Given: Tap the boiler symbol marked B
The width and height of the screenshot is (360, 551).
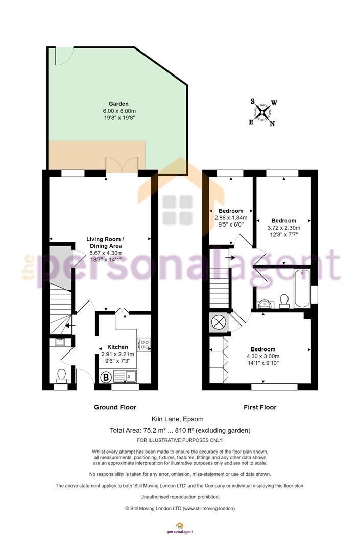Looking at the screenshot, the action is click(x=106, y=378).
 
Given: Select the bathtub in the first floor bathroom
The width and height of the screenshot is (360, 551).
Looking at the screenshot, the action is click(x=302, y=289).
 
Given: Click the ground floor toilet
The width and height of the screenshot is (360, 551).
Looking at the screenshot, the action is click(x=61, y=375).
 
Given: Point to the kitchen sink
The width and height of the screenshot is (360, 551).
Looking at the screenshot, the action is click(x=125, y=377).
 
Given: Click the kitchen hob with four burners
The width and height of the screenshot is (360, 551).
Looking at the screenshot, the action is click(x=144, y=344).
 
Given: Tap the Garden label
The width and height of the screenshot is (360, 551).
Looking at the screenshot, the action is click(x=118, y=104).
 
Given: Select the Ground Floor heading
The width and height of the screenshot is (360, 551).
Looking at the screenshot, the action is click(x=115, y=407).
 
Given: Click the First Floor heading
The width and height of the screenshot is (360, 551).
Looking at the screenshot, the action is click(x=260, y=407).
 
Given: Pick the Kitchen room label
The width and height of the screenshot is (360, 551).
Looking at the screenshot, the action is click(x=118, y=347).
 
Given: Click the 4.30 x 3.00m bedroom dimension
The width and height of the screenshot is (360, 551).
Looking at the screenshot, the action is click(x=263, y=356).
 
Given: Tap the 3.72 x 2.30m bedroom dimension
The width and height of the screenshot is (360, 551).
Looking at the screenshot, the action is click(x=284, y=228).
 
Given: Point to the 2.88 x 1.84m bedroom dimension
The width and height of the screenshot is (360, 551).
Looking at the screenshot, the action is click(x=231, y=217).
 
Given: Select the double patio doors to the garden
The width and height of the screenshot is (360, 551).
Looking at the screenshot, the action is click(x=122, y=165).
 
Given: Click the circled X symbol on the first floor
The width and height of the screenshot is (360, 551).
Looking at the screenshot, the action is click(x=219, y=322).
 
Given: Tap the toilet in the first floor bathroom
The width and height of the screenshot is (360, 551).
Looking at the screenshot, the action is click(x=284, y=301).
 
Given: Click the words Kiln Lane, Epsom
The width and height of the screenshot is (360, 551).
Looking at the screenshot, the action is click(x=178, y=419).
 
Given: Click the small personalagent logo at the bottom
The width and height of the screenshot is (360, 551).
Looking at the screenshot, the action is click(x=180, y=529).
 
